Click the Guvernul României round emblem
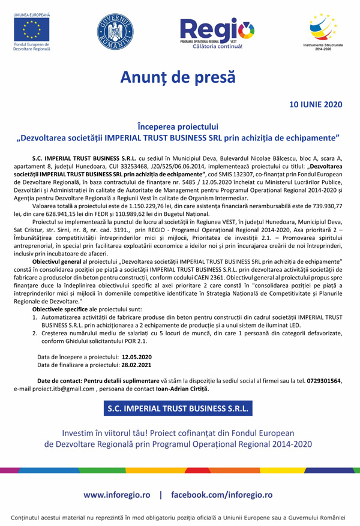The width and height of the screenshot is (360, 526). [x=115, y=31]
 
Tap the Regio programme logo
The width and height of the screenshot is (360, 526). [x=217, y=31]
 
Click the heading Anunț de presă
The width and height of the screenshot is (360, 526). [x=178, y=77]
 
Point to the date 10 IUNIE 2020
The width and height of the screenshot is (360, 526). [x=316, y=104]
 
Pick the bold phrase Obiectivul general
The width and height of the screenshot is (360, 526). [x=60, y=262]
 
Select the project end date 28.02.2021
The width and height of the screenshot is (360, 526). [x=137, y=365]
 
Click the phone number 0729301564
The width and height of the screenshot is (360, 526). [x=324, y=381]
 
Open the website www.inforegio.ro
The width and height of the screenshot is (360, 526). [x=117, y=495]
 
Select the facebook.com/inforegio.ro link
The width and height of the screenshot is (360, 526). [x=222, y=495]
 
